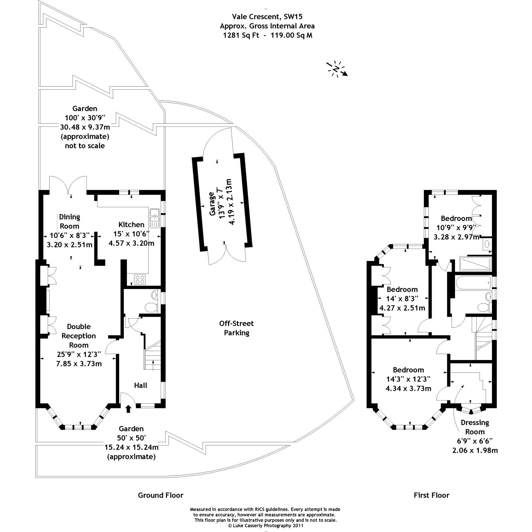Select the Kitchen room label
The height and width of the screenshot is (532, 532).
[131, 225]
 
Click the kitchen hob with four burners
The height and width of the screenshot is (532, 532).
[140, 279]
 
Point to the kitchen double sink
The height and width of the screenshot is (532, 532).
[155, 218]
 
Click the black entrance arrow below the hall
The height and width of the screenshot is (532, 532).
[128, 409]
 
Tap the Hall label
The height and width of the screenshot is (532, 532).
[141, 385]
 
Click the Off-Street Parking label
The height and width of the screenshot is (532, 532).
[237, 328]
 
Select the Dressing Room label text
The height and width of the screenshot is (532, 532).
[475, 427]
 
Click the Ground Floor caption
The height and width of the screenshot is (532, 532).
[161, 495]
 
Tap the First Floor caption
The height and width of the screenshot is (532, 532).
[432, 495]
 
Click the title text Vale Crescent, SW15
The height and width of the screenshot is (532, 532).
[267, 16]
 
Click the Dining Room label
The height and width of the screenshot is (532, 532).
[70, 221]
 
